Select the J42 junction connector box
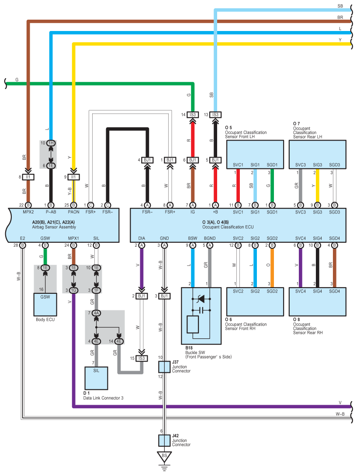tap(164, 441)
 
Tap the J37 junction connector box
tap(164, 367)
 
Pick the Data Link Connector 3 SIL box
tap(97, 378)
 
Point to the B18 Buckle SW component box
tap(201, 316)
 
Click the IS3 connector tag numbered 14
tap(193, 114)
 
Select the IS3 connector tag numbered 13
tap(215, 114)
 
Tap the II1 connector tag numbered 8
tap(28, 177)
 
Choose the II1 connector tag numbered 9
tap(74, 177)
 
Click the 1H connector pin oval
tap(51, 143)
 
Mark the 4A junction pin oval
tap(97, 313)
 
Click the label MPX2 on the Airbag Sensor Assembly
tap(28, 212)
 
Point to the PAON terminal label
tap(74, 212)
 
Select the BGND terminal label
tap(210, 238)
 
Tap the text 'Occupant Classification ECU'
tap(228, 227)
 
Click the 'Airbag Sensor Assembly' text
tap(54, 227)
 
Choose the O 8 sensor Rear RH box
tap(318, 302)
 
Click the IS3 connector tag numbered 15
tap(142, 358)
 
